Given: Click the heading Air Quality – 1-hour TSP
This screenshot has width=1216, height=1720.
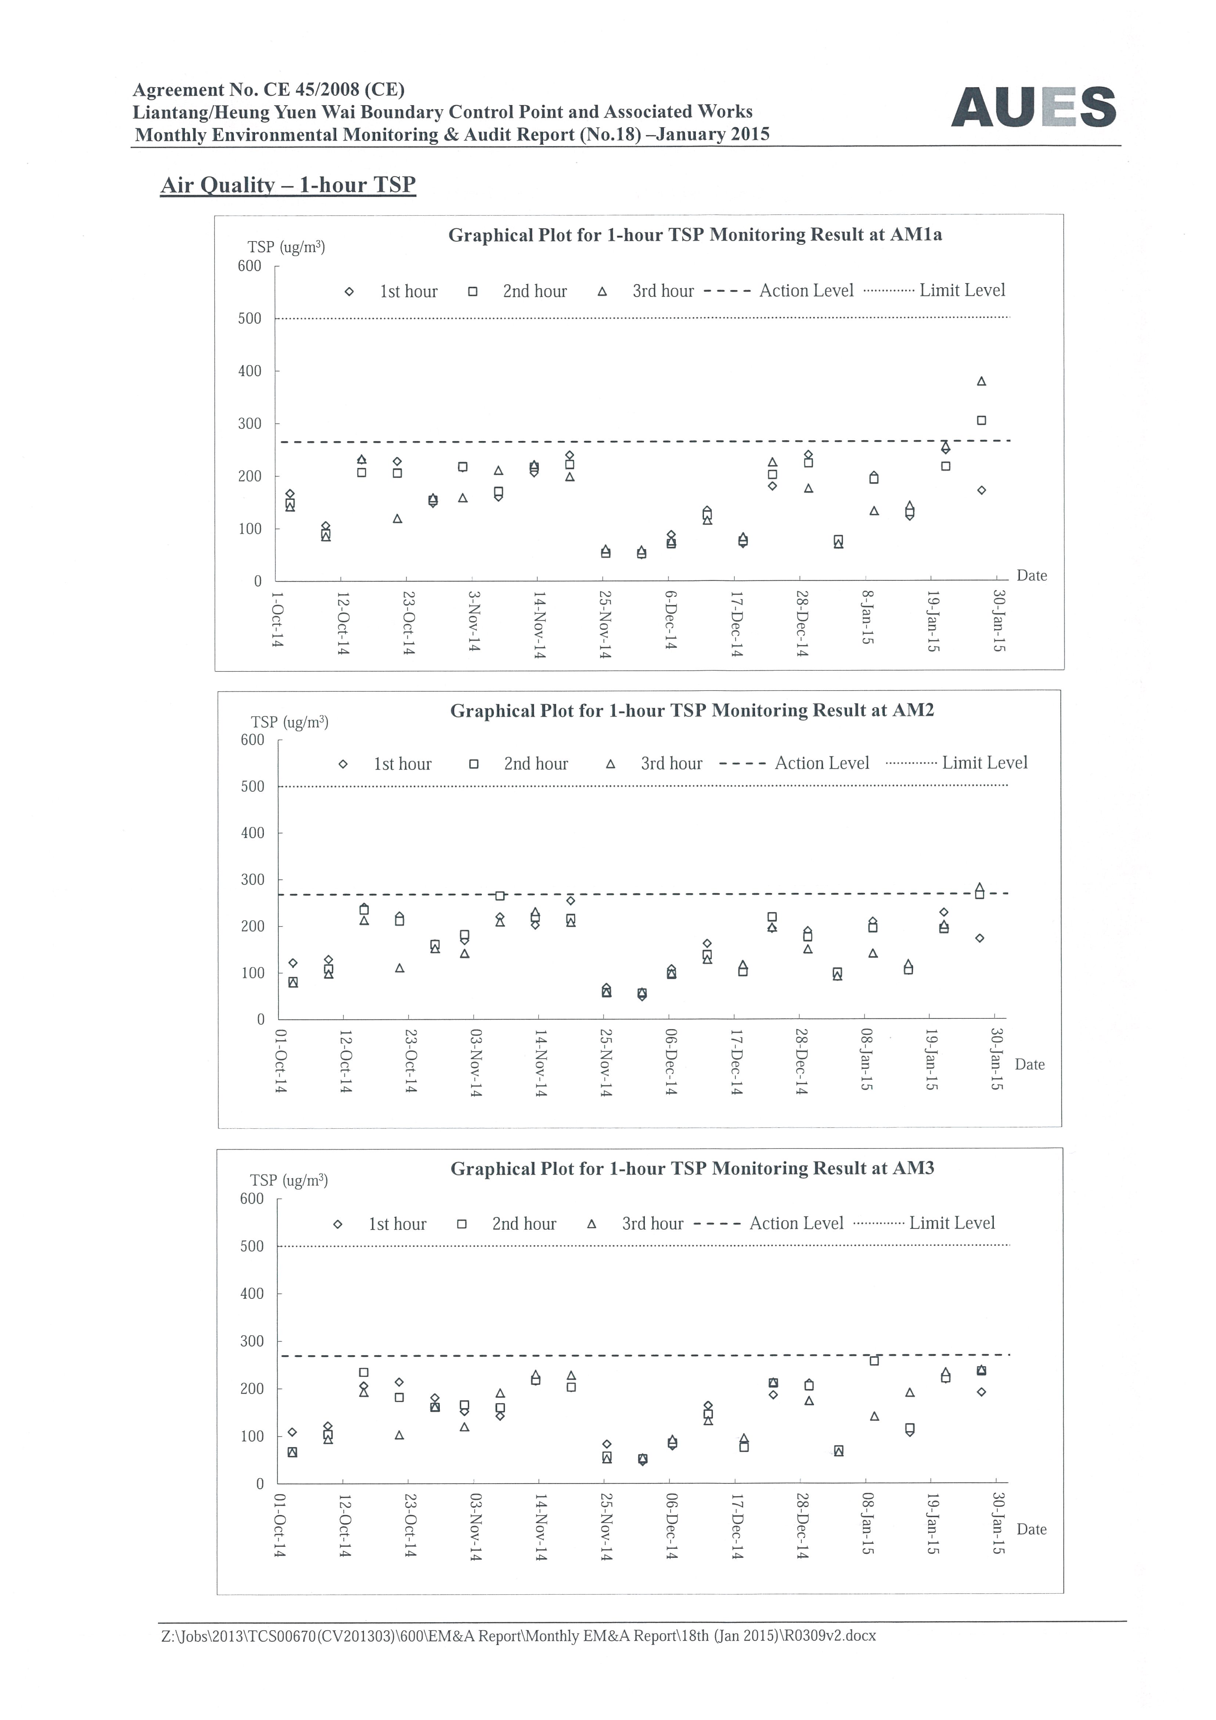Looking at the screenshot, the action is (288, 185).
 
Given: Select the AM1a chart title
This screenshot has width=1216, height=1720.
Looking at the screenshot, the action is (695, 235).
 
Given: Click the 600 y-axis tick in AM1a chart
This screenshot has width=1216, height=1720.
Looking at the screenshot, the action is (249, 266).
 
